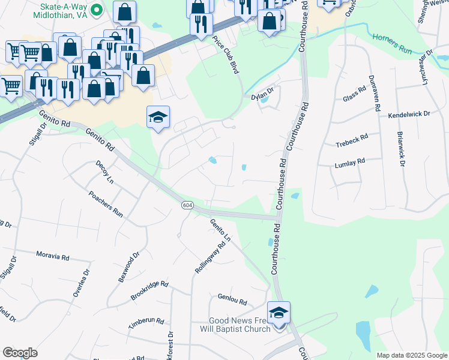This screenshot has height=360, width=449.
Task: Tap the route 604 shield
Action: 187,206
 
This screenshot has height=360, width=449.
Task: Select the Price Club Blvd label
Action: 226,55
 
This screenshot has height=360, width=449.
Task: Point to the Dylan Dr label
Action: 262,95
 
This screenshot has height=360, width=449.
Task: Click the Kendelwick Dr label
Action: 409,113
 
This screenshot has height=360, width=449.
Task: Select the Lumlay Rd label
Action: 350,163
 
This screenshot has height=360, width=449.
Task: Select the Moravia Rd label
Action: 52,257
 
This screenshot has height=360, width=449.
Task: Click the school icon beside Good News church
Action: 279,313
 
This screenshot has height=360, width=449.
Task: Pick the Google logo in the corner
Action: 20,353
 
